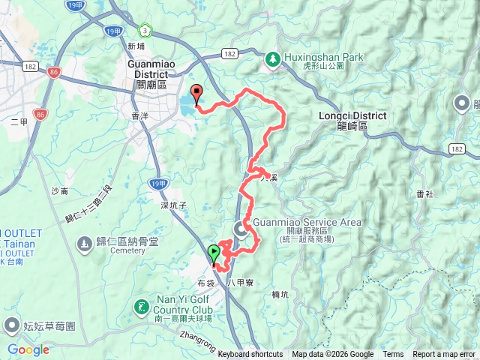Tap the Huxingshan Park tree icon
(x=272, y=58)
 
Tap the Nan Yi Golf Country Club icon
(x=140, y=307)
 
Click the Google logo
(x=28, y=349)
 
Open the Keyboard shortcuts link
(x=250, y=355)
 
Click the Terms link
(x=393, y=355)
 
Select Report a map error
(x=444, y=355)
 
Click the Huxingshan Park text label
(x=322, y=56)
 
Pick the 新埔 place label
(x=136, y=46)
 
